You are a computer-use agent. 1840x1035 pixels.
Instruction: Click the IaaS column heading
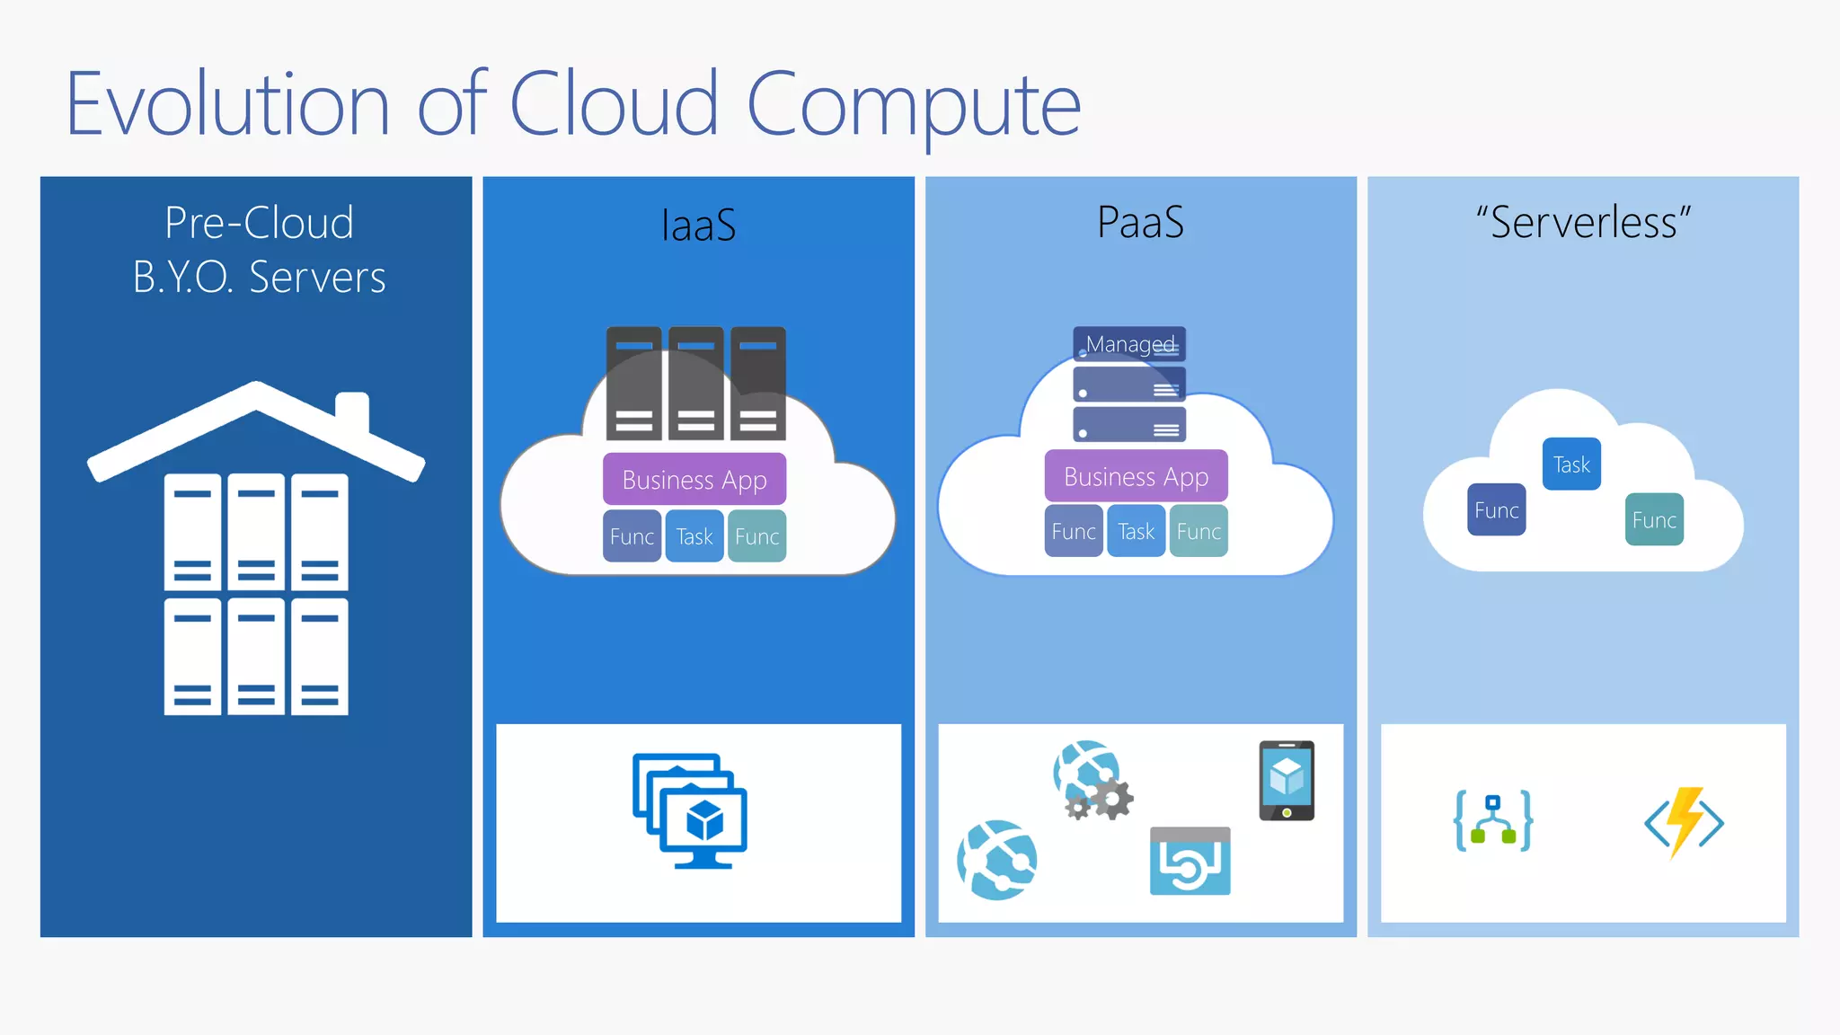pyautogui.click(x=698, y=225)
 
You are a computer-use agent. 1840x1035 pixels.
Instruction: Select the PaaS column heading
pyautogui.click(x=1140, y=222)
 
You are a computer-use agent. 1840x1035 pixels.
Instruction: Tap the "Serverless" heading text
pyautogui.click(x=1583, y=222)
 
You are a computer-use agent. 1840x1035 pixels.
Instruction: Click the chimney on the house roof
pyautogui.click(x=352, y=411)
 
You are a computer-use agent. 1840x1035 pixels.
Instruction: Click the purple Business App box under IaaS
pyautogui.click(x=694, y=480)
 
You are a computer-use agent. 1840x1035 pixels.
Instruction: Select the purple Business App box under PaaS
pyautogui.click(x=1136, y=476)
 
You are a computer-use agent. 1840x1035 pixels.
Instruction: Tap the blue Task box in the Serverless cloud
pyautogui.click(x=1571, y=464)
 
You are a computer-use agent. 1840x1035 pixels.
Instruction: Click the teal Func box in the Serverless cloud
pyautogui.click(x=1654, y=519)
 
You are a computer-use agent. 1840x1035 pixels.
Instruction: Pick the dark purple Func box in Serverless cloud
pyautogui.click(x=1496, y=509)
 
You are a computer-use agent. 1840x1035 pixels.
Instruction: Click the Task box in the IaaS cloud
pyautogui.click(x=694, y=536)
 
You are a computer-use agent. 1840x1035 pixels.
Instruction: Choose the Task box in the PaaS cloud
pyautogui.click(x=1136, y=532)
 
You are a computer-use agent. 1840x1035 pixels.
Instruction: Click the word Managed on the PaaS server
pyautogui.click(x=1129, y=343)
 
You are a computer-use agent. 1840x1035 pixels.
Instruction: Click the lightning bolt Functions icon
pyautogui.click(x=1685, y=822)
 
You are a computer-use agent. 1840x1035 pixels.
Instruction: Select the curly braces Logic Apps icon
pyautogui.click(x=1493, y=821)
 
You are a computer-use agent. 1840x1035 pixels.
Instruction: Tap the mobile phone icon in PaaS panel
pyautogui.click(x=1287, y=780)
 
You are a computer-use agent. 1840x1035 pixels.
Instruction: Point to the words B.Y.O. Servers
pyautogui.click(x=259, y=277)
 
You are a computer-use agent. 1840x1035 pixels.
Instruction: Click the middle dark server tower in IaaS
pyautogui.click(x=696, y=384)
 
